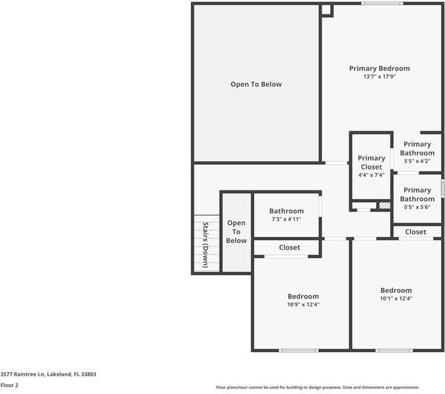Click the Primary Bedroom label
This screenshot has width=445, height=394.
(379, 68)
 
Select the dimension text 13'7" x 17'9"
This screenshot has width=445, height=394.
(379, 77)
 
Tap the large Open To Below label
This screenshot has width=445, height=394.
(256, 84)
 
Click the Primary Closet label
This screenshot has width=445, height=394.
(371, 162)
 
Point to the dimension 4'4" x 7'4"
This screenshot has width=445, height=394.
(371, 175)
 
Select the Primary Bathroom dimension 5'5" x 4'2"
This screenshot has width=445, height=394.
(417, 162)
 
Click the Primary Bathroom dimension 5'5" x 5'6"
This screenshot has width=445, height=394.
(417, 208)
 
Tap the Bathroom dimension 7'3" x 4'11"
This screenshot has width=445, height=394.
(286, 219)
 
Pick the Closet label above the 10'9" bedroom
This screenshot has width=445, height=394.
(289, 248)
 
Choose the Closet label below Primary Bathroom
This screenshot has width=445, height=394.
(415, 232)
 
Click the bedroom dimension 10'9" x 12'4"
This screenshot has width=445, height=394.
(303, 305)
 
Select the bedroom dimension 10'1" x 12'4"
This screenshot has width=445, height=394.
(396, 299)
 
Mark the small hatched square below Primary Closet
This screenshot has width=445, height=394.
(385, 206)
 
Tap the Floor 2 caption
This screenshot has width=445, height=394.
(9, 385)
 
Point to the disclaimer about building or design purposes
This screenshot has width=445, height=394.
(317, 387)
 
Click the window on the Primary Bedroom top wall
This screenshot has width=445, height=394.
(382, 4)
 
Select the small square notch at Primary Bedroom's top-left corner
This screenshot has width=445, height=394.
(326, 10)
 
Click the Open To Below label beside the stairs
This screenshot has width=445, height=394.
(236, 232)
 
